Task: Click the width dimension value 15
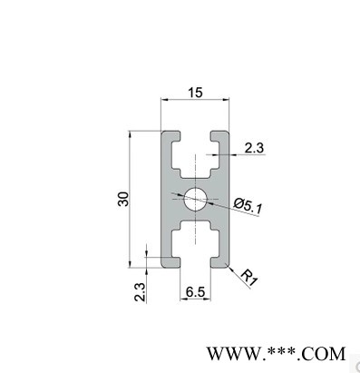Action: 195,93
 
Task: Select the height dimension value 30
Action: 123,199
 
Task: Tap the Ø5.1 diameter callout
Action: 248,206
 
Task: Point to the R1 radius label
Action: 249,277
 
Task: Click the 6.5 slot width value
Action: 195,292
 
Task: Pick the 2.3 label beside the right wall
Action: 254,148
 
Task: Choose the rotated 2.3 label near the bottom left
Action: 140,292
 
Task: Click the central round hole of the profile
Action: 195,199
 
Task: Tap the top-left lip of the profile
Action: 170,136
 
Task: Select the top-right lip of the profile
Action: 219,136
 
